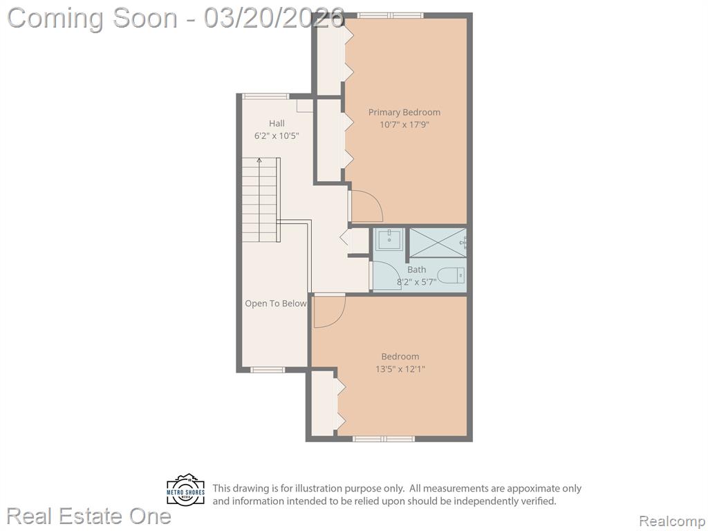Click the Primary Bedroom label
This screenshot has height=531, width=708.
pyautogui.click(x=404, y=113)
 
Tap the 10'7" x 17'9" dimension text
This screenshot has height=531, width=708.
pyautogui.click(x=404, y=124)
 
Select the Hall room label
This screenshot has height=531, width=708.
pyautogui.click(x=277, y=123)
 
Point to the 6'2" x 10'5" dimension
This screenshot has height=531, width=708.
pyautogui.click(x=277, y=136)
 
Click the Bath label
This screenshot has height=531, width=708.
pyautogui.click(x=416, y=270)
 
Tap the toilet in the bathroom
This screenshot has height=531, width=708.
pyautogui.click(x=451, y=275)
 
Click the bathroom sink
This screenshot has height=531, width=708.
pyautogui.click(x=389, y=239)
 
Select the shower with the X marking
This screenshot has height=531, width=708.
pyautogui.click(x=437, y=243)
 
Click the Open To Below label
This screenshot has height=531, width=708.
pyautogui.click(x=275, y=304)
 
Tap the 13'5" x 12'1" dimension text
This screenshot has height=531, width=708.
pyautogui.click(x=400, y=369)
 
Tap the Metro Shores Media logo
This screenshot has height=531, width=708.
pyautogui.click(x=185, y=490)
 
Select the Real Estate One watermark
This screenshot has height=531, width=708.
pyautogui.click(x=89, y=516)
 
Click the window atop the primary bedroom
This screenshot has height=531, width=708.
pyautogui.click(x=391, y=15)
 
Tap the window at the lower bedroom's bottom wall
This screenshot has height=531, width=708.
pyautogui.click(x=383, y=438)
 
